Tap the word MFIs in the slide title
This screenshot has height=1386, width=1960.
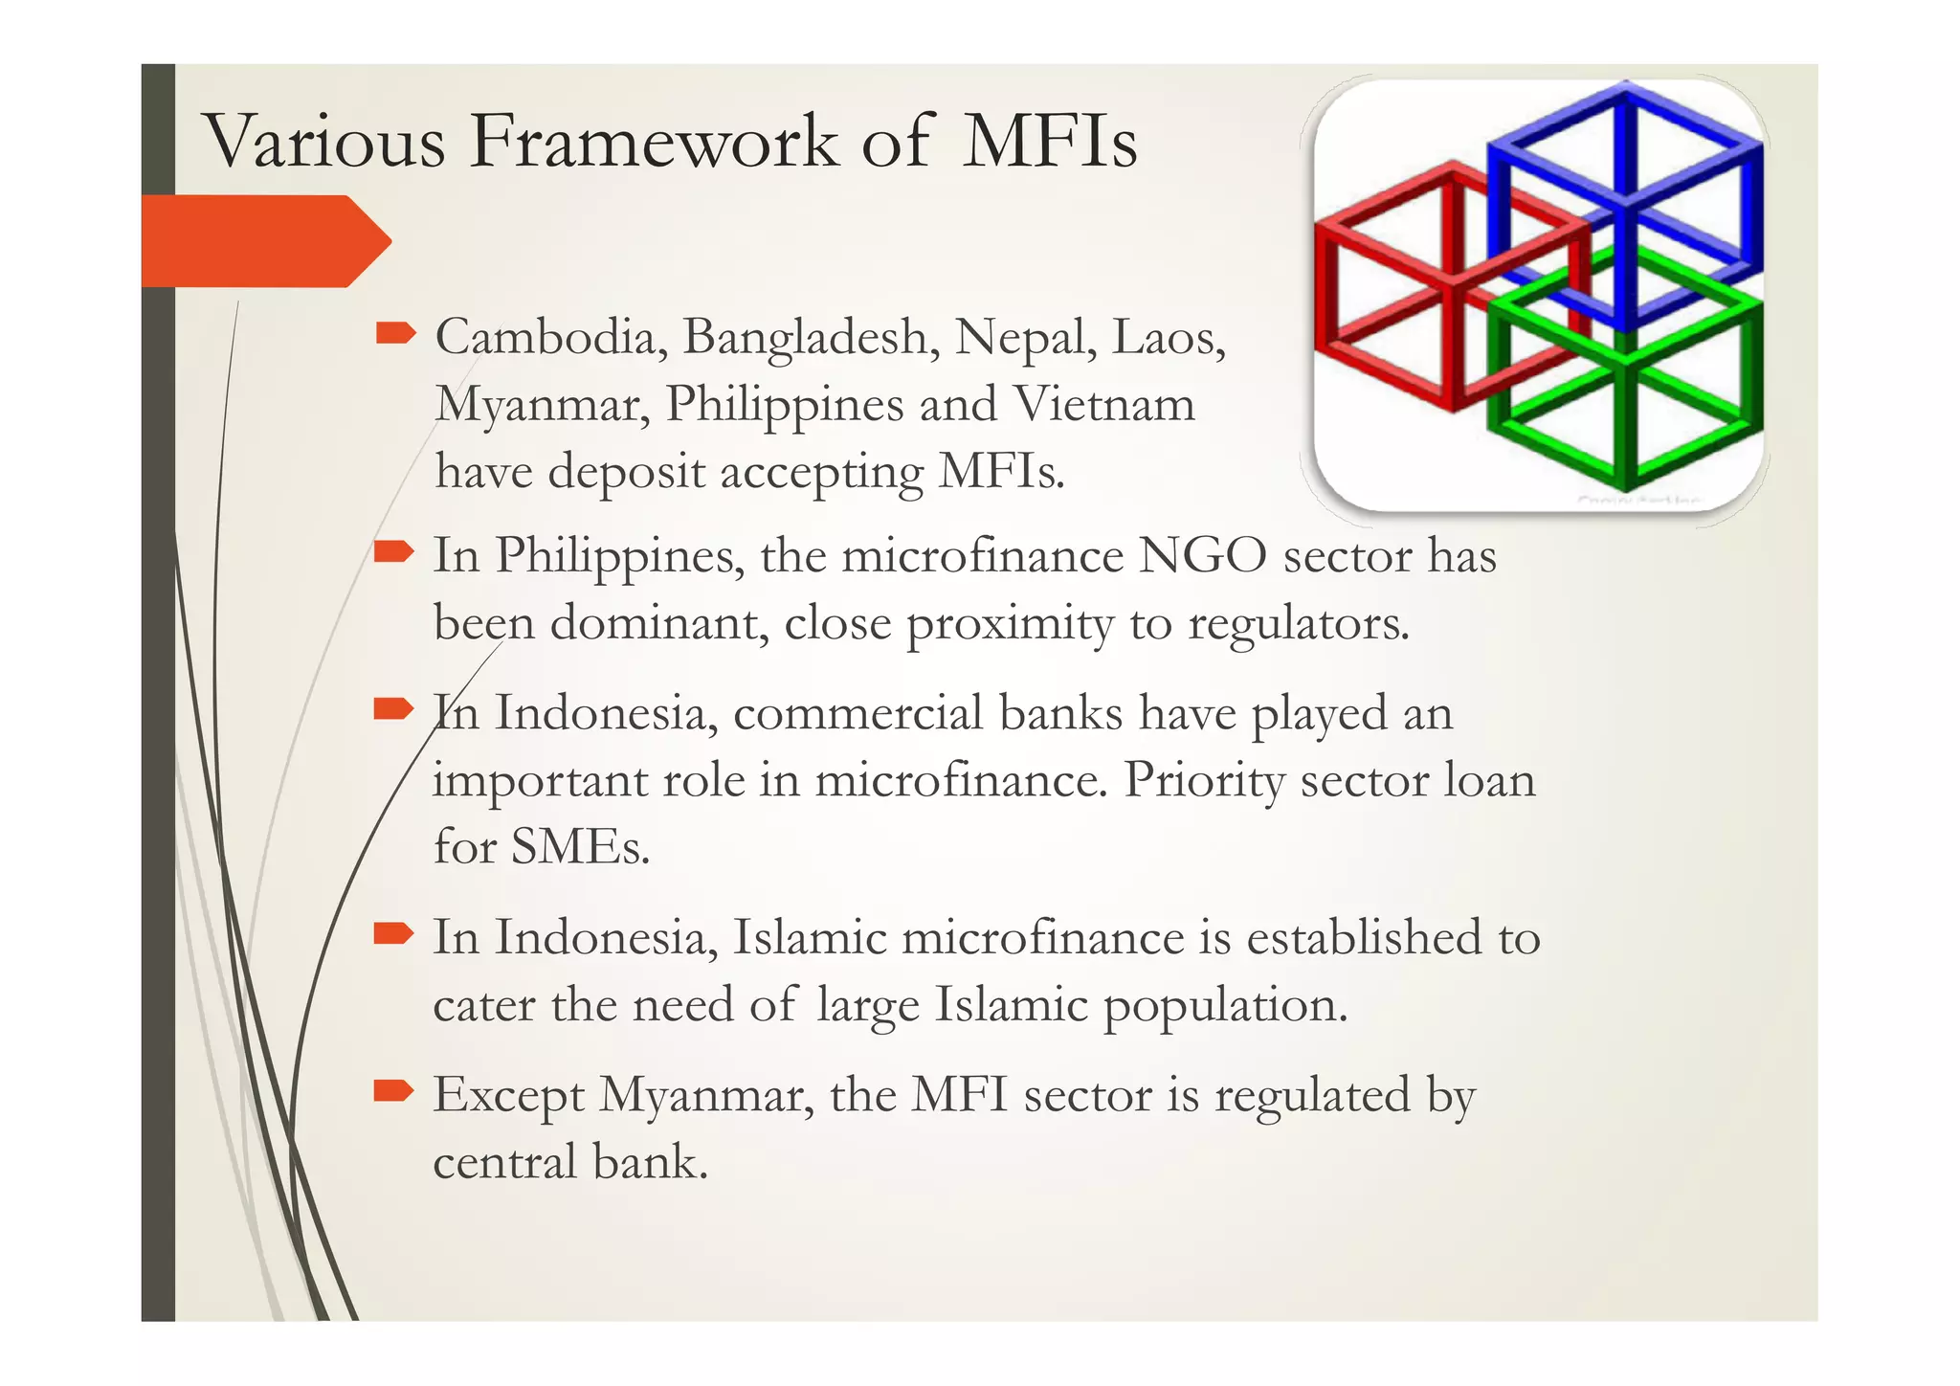(x=1050, y=142)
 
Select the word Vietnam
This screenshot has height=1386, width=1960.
(x=1104, y=404)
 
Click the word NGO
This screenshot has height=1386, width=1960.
(x=1202, y=555)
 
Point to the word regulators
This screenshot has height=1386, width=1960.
(x=1299, y=624)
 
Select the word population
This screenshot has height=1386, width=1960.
(x=1225, y=1006)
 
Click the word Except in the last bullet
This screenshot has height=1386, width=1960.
(x=508, y=1096)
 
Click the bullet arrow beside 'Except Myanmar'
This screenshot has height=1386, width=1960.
(x=393, y=1090)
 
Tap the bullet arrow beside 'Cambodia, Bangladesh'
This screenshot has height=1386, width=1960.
(x=395, y=333)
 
